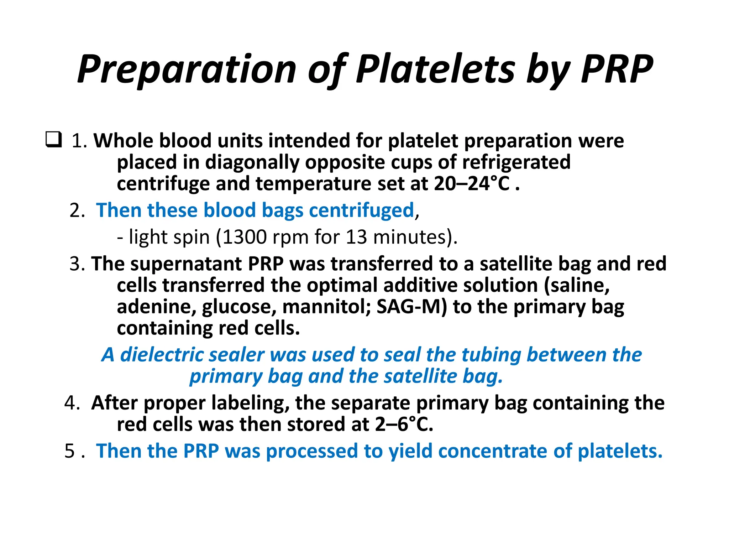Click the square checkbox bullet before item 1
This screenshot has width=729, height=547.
54,140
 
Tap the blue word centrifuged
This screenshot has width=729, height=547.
361,210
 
